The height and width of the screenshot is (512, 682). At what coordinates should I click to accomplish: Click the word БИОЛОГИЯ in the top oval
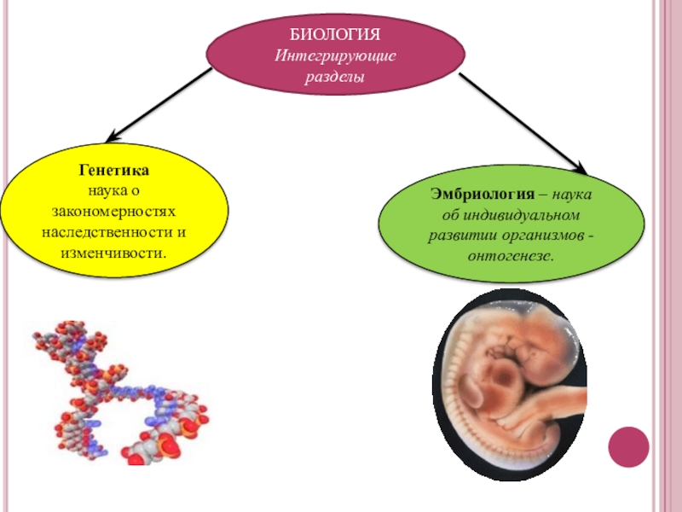[x=335, y=36]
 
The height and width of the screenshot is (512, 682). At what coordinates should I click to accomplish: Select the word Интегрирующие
[x=335, y=56]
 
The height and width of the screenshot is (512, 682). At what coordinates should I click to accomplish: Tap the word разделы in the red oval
[x=335, y=77]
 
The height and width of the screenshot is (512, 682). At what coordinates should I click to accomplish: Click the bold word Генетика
[x=113, y=172]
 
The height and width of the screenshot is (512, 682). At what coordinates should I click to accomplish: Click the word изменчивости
[x=113, y=253]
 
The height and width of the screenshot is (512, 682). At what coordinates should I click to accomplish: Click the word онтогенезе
[x=511, y=256]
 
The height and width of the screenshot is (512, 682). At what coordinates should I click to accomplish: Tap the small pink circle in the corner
[x=628, y=446]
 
